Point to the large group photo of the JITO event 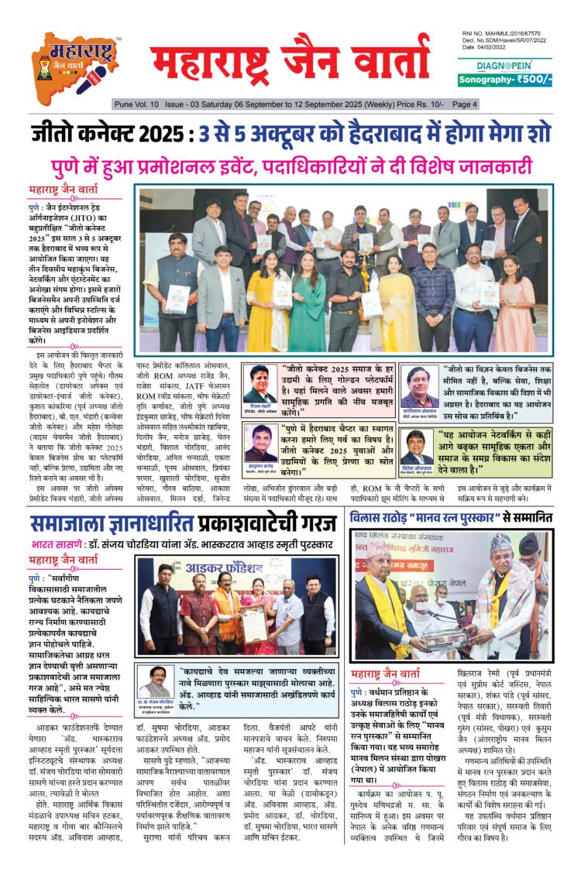point(345,269)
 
